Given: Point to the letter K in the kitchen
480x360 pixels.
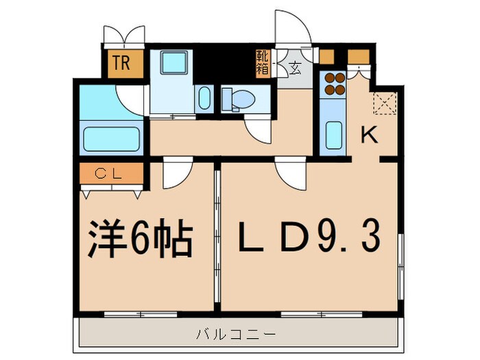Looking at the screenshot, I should (x=370, y=136).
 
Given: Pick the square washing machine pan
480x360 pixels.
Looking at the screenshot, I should (x=171, y=65).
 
